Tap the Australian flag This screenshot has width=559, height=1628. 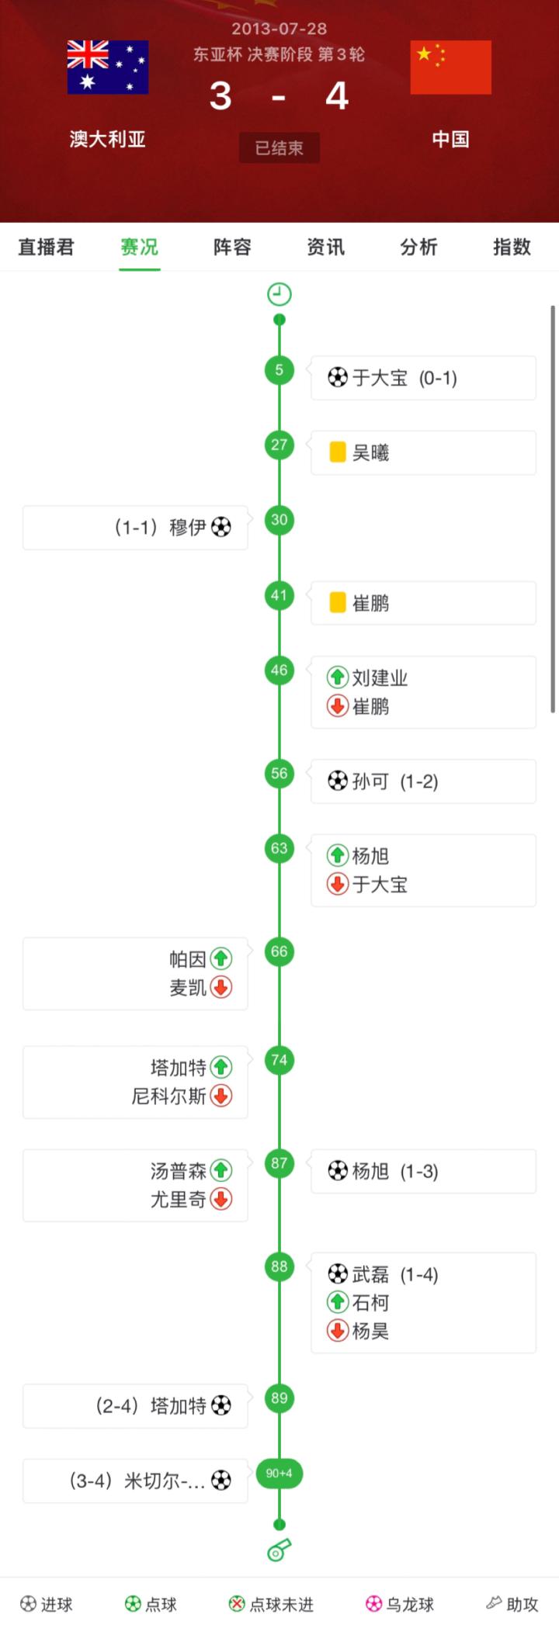[108, 67]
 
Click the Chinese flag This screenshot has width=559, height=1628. [450, 67]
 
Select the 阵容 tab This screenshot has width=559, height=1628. [232, 247]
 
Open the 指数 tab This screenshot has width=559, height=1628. [512, 247]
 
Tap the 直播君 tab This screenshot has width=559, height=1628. [47, 247]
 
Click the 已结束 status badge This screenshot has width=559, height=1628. [279, 147]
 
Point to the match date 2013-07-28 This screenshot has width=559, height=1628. [279, 29]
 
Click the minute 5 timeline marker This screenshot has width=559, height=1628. [279, 369]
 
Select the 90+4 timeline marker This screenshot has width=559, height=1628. [279, 1473]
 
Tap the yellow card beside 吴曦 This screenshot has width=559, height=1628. [337, 452]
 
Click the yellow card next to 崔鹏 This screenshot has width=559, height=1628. [337, 603]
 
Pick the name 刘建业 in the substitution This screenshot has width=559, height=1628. [380, 677]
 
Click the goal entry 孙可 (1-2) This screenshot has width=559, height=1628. [384, 781]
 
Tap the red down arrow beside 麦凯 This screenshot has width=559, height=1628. [221, 987]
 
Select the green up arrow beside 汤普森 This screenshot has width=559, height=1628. [221, 1170]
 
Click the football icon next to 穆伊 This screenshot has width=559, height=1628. [221, 528]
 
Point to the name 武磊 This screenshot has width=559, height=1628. [370, 1274]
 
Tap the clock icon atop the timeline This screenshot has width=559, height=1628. [279, 294]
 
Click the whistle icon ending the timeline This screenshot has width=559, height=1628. [279, 1549]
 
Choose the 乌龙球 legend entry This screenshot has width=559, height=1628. [400, 1604]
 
